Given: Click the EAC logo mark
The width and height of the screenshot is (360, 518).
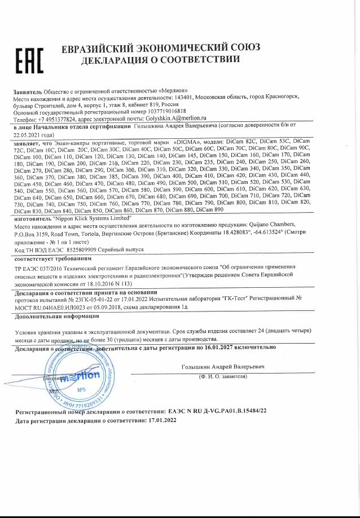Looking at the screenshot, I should coord(29,61).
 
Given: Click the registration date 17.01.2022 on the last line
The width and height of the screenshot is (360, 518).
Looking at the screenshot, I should coord(162,420).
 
